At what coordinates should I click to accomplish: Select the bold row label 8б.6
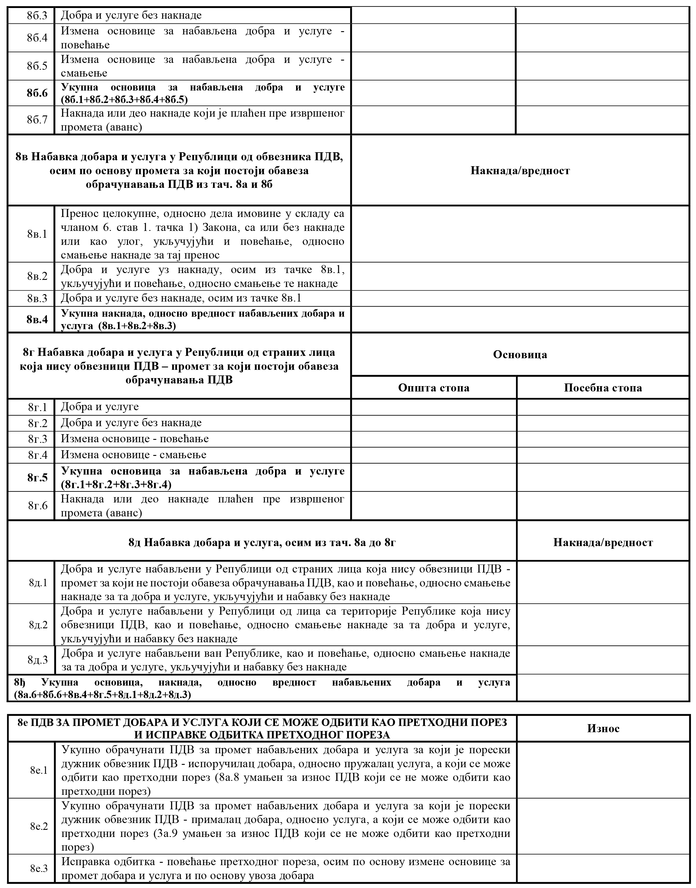[x=37, y=93]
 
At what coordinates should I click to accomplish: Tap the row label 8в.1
[x=37, y=234]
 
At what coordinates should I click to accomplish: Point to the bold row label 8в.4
[x=37, y=319]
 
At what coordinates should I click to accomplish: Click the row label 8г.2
[x=37, y=423]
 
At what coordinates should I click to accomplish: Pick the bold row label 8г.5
[x=37, y=478]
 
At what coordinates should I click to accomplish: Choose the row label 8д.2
[x=38, y=625]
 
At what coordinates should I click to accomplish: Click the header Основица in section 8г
[x=520, y=354]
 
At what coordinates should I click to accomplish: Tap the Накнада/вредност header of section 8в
[x=520, y=170]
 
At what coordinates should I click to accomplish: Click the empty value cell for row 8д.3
[x=603, y=660]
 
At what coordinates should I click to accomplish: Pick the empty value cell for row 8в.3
[x=520, y=298]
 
